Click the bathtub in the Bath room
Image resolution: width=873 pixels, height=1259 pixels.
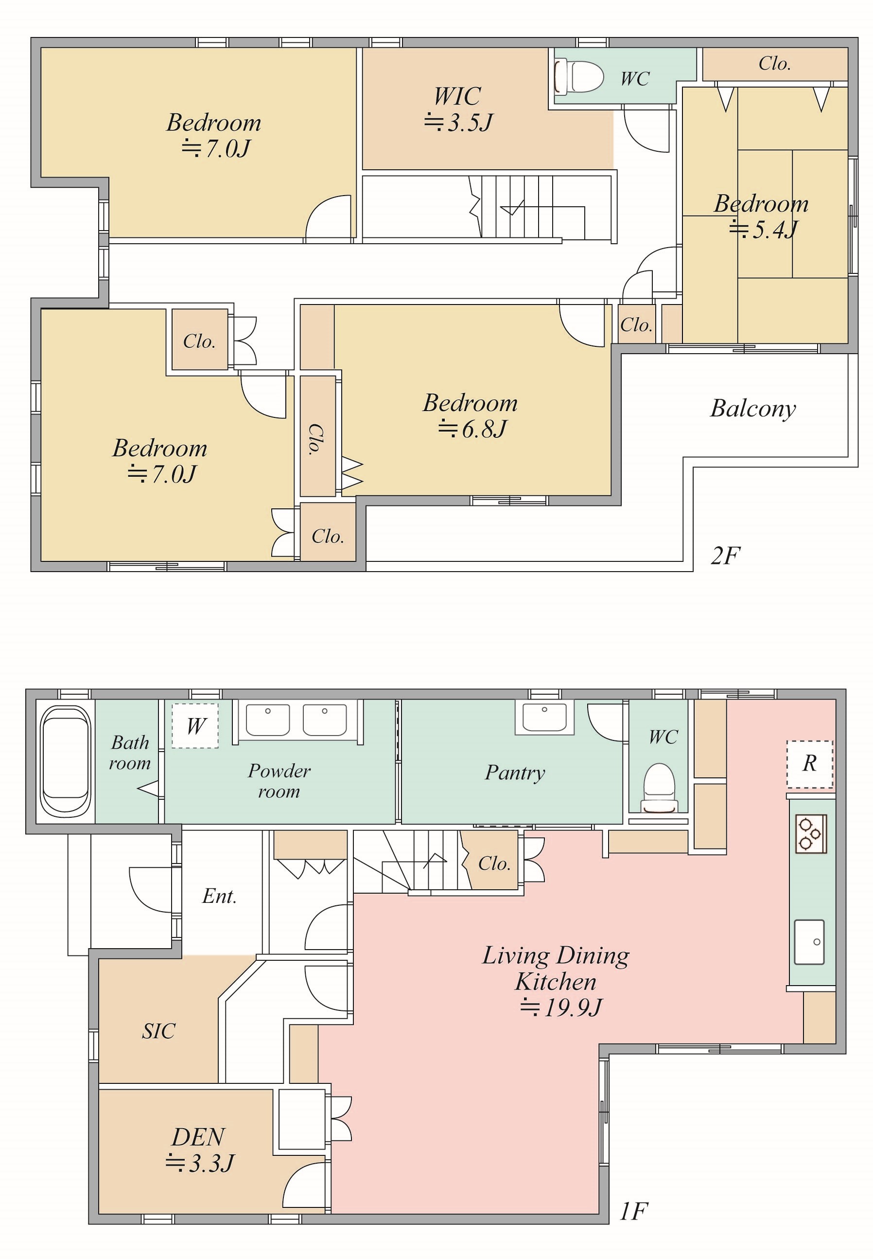tap(66, 761)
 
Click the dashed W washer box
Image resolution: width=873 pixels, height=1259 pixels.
tap(195, 726)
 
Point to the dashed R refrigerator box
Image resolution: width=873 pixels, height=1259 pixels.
tap(809, 764)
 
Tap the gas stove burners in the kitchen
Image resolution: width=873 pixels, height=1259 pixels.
tap(811, 834)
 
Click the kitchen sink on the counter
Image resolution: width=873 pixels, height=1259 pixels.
tap(809, 942)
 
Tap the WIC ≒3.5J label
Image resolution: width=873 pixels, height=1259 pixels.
tap(458, 109)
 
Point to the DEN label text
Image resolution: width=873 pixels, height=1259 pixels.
tap(198, 1137)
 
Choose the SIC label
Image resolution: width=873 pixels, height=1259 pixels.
tap(158, 1031)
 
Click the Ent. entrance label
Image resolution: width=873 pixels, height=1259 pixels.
tap(219, 896)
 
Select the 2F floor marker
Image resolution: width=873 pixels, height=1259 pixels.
tap(725, 556)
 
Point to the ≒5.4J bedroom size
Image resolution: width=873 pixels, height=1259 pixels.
tap(763, 230)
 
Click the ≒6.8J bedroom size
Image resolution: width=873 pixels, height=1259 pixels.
tap(472, 429)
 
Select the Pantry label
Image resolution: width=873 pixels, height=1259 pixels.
tap(515, 773)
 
